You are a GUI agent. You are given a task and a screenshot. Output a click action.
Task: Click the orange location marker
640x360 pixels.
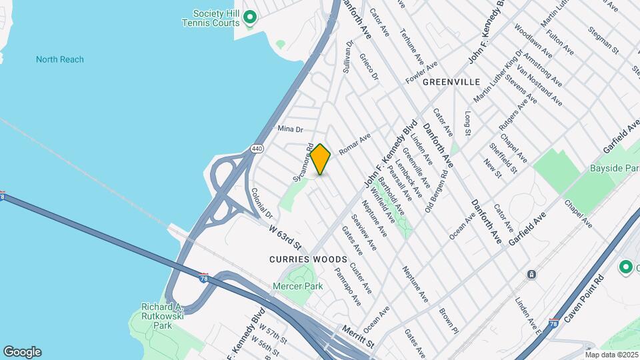(x=320, y=159)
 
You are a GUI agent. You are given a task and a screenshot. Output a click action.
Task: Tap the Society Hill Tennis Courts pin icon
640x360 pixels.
(x=250, y=17)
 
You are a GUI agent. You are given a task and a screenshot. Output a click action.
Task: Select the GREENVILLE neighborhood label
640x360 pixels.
(x=451, y=81)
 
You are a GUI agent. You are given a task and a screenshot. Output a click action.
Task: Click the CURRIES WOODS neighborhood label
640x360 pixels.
(x=309, y=259)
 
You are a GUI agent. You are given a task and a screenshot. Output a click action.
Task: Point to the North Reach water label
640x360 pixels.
(x=60, y=59)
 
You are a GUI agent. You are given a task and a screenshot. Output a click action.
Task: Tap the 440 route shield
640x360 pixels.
(x=256, y=147)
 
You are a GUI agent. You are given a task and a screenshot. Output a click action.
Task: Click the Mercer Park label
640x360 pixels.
(x=298, y=286)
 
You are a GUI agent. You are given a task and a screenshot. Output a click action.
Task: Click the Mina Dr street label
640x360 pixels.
(x=290, y=129)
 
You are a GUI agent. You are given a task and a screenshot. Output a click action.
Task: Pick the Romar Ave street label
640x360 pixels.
(x=355, y=143)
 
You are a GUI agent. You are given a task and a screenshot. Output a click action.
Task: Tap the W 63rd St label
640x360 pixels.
(x=286, y=236)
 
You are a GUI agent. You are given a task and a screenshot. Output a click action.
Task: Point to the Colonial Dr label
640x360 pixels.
(x=262, y=203)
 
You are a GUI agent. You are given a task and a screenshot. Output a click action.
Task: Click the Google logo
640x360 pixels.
(x=22, y=352)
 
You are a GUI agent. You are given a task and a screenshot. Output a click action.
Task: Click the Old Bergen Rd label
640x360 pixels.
(x=437, y=191)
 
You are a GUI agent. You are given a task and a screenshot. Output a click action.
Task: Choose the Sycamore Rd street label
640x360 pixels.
(x=303, y=163)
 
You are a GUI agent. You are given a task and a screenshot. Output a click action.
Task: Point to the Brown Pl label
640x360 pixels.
(x=449, y=321)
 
